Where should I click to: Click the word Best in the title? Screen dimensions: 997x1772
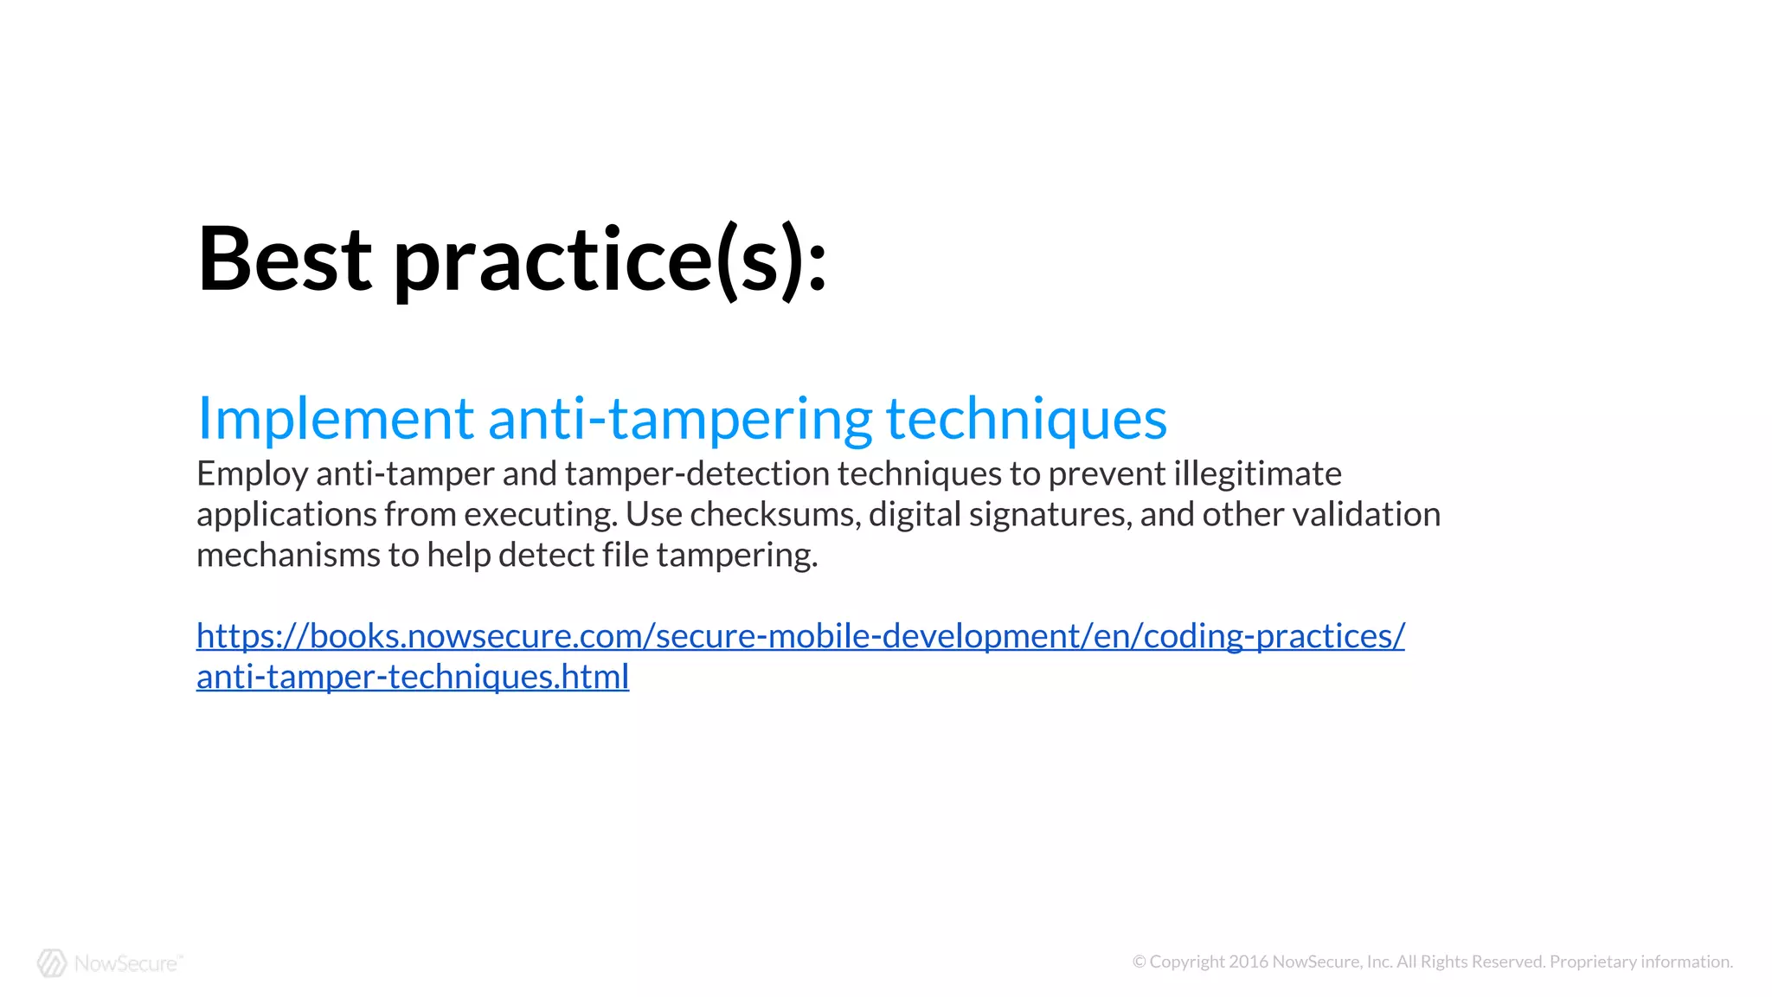[285, 259]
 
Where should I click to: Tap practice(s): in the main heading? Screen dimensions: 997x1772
[610, 261]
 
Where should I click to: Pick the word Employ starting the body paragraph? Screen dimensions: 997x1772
[252, 475]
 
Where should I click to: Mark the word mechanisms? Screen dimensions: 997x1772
[288, 556]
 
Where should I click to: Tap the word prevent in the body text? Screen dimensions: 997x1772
[1107, 474]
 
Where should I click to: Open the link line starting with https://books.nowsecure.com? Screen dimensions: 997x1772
[800, 636]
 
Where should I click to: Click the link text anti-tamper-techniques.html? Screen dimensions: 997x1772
[413, 677]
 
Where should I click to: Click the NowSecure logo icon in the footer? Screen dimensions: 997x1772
[52, 962]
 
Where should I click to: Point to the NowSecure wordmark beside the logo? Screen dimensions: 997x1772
[127, 963]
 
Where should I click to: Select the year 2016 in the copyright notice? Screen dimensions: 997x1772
[1249, 962]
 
